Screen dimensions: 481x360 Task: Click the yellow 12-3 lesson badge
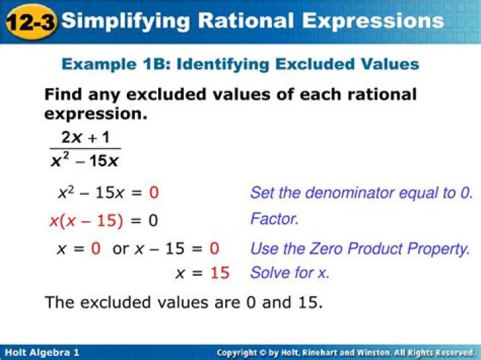[x=31, y=22]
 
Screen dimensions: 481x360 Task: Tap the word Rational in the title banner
[x=246, y=21]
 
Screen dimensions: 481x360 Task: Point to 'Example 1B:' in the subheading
[x=116, y=64]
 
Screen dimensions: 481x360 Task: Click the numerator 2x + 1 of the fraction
[x=86, y=137]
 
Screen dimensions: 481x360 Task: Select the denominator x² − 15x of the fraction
[x=85, y=160]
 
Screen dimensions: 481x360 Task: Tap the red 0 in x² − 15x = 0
[x=154, y=193]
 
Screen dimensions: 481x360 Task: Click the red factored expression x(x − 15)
[x=86, y=221]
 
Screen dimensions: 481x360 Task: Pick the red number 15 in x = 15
[x=220, y=273]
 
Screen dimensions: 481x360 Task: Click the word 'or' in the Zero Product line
[x=120, y=248]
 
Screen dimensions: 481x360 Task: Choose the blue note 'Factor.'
[x=274, y=219]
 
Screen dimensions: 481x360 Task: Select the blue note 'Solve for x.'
[x=289, y=273]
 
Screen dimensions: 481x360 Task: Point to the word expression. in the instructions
[x=96, y=114]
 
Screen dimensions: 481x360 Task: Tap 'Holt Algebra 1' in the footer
[x=42, y=353]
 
